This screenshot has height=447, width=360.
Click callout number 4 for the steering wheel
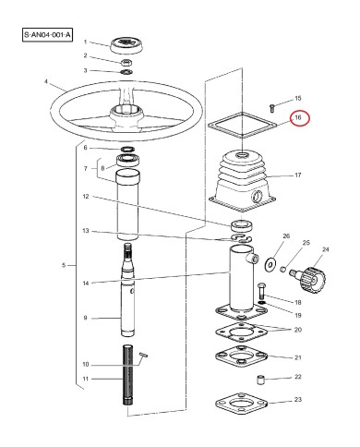coord(46,81)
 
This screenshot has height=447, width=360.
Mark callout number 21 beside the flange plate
coord(296,356)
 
